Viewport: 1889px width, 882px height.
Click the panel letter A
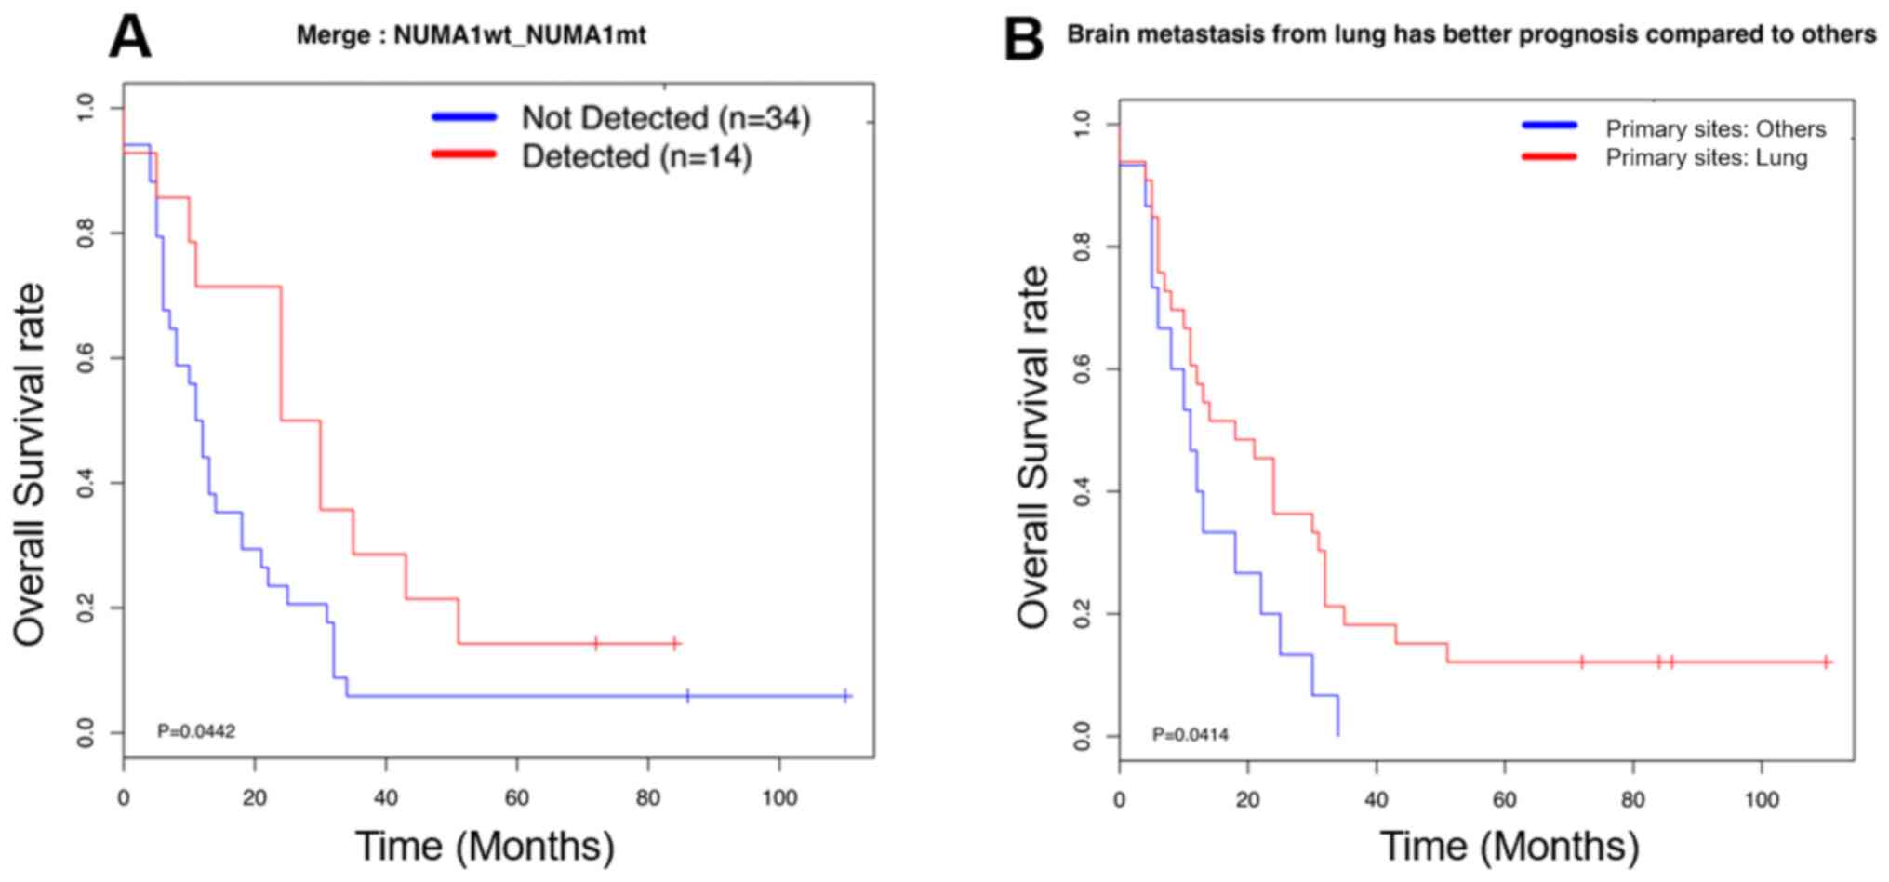129,38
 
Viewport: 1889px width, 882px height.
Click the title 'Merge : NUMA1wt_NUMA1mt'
471,35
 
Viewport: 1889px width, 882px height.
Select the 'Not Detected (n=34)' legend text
665,118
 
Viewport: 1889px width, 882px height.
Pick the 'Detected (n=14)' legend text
636,156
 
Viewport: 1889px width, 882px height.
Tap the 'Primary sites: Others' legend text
1715,128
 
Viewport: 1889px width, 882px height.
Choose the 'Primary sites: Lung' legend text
1706,157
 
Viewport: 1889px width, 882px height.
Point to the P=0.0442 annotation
196,731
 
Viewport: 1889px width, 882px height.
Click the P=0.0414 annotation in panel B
1190,735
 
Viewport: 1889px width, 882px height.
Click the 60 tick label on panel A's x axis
516,797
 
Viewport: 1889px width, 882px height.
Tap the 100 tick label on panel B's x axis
1761,800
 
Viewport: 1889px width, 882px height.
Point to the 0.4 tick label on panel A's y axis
86,483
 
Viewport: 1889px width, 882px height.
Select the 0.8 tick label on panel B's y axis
1082,247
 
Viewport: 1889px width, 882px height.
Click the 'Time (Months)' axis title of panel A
485,846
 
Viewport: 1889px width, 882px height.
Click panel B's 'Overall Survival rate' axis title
1032,447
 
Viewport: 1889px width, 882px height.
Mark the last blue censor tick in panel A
845,696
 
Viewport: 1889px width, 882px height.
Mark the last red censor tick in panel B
1826,662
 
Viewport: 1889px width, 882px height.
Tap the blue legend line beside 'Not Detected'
464,117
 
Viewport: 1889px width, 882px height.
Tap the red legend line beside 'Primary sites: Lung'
1549,157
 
